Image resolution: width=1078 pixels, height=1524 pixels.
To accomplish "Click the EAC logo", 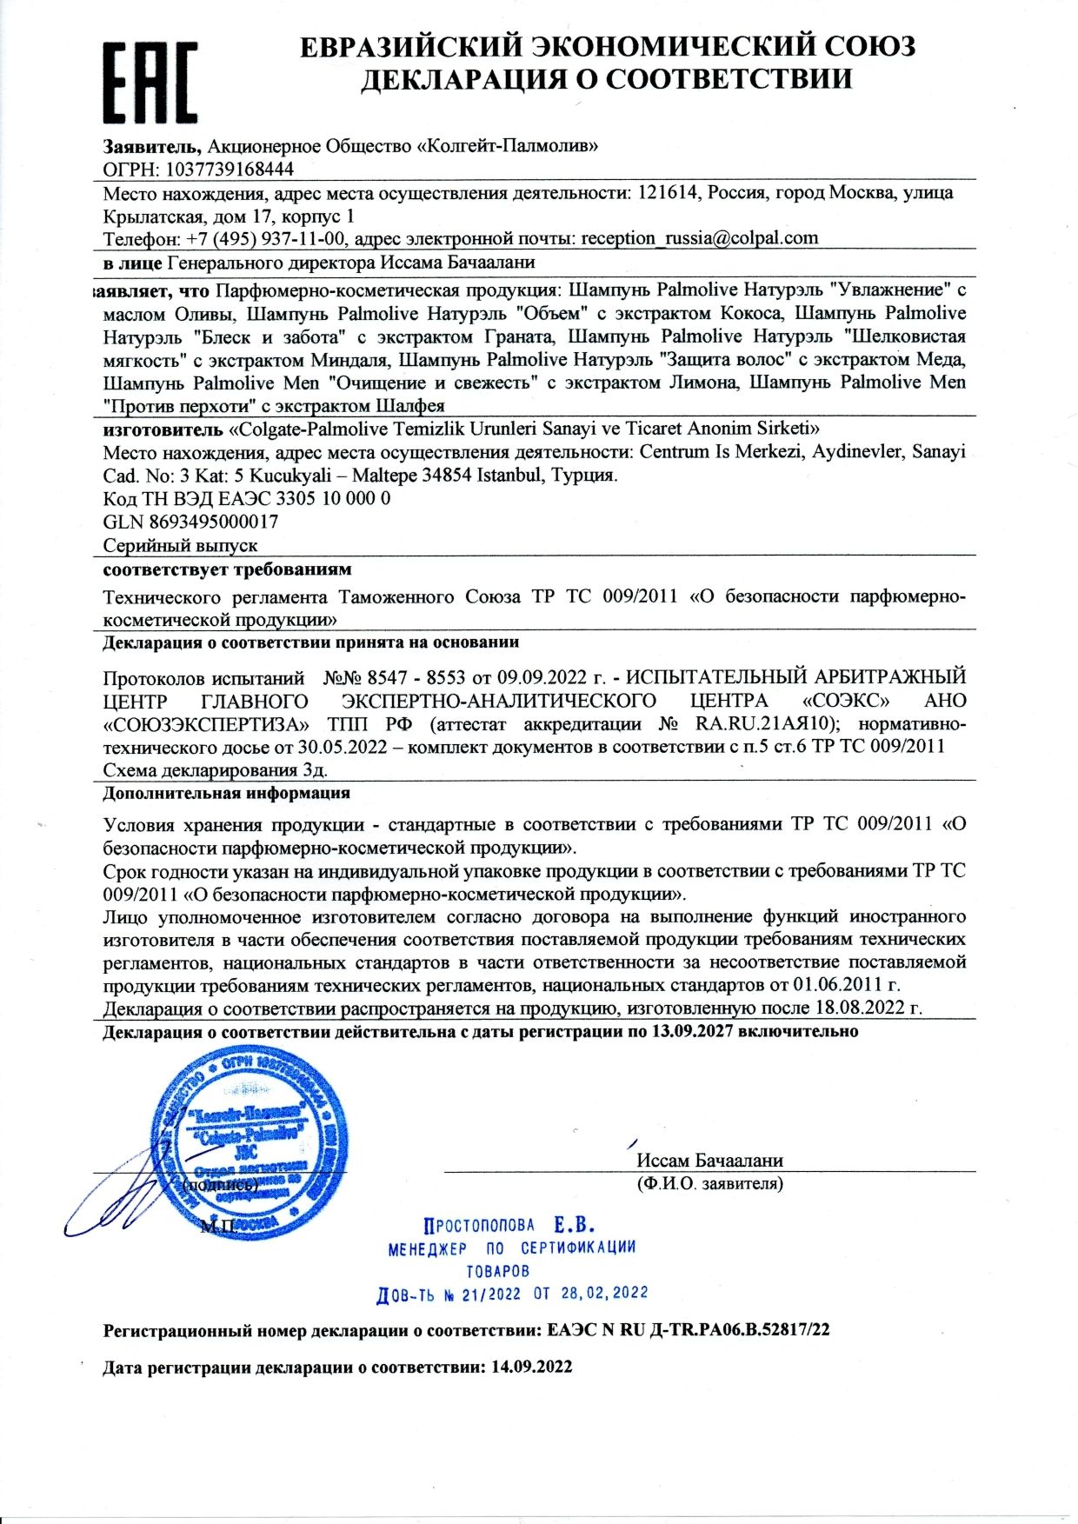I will click(150, 83).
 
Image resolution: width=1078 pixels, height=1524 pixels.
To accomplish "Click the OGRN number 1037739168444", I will click(230, 170).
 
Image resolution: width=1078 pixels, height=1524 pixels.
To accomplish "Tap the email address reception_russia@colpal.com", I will click(699, 238).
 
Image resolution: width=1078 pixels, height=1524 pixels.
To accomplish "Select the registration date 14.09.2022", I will click(532, 1367).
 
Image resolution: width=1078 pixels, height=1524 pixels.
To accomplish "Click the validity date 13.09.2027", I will click(692, 1032).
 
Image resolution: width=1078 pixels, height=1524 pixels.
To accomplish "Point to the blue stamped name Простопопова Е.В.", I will click(509, 1226).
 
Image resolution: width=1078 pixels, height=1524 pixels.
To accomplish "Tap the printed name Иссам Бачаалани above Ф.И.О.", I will click(709, 1161).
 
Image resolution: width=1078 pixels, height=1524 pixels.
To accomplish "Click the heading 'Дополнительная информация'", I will click(226, 793).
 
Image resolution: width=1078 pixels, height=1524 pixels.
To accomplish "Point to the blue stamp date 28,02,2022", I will click(605, 1293).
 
